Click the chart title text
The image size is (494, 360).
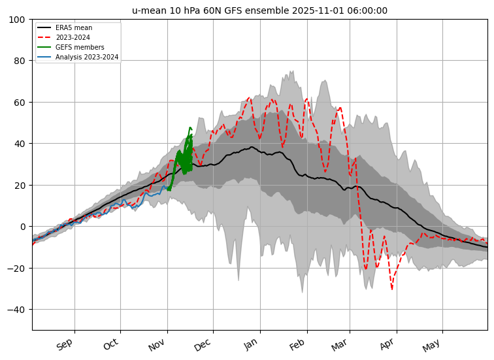(x=259, y=10)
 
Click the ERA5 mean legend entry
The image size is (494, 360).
(x=65, y=27)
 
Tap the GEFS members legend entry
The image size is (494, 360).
(x=71, y=47)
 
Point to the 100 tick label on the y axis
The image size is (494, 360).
(x=17, y=20)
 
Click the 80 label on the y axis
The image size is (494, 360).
(x=20, y=61)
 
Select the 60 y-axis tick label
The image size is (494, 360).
(x=20, y=103)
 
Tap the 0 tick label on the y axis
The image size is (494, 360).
(x=22, y=227)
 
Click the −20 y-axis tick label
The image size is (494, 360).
(x=16, y=269)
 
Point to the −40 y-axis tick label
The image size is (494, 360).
(x=16, y=310)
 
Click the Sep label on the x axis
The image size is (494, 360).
(x=65, y=344)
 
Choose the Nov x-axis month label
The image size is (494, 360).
(x=157, y=344)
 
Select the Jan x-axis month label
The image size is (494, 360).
(x=250, y=344)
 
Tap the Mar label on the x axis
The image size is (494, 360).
(x=339, y=345)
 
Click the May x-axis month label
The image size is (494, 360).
(x=431, y=345)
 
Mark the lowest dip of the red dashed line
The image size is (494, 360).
(x=392, y=289)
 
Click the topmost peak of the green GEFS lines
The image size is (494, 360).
(x=190, y=127)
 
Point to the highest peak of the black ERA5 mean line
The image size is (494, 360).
(x=252, y=147)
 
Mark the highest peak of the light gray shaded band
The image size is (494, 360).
(x=293, y=71)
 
